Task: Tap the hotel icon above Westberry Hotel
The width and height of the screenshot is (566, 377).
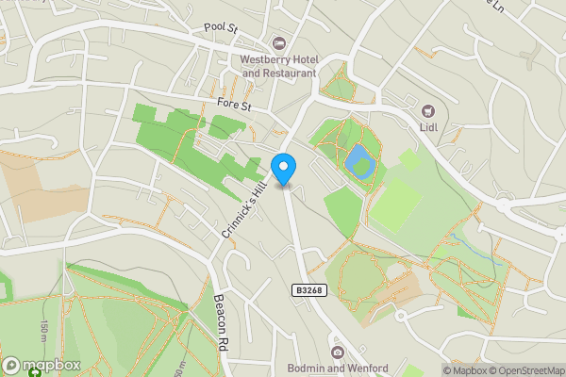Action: pos(279,43)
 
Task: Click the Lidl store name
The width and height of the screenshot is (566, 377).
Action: pos(428,126)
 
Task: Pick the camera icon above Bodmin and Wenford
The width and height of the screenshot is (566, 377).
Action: pos(338,352)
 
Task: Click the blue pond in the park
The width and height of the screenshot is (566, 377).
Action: pos(359,161)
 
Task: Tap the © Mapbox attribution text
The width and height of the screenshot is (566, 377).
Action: pos(461,370)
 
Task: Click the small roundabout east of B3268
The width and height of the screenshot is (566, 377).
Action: pos(400,316)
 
